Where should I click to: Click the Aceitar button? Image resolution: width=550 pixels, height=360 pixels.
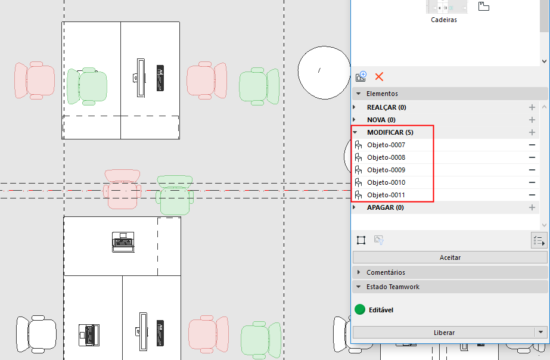pyautogui.click(x=450, y=257)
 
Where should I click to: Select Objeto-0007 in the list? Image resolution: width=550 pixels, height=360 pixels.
pyautogui.click(x=386, y=145)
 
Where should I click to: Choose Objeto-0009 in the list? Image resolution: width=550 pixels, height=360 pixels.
pyautogui.click(x=386, y=170)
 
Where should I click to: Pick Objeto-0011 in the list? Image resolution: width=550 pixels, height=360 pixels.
pyautogui.click(x=386, y=195)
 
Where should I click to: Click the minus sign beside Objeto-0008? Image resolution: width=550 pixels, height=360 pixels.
pyautogui.click(x=532, y=157)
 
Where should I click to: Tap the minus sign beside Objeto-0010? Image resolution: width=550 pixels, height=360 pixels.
pyautogui.click(x=532, y=182)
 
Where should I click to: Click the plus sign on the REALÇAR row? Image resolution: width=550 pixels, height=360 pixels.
pyautogui.click(x=532, y=107)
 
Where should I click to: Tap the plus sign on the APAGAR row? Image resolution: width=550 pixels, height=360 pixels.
pyautogui.click(x=532, y=207)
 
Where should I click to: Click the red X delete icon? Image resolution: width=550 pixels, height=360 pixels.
pyautogui.click(x=379, y=76)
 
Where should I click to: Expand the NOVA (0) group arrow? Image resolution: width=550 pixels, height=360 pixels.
pyautogui.click(x=355, y=120)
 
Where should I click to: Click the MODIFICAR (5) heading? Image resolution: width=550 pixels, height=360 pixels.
pyautogui.click(x=390, y=132)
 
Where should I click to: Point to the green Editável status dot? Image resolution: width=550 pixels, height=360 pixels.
pyautogui.click(x=360, y=309)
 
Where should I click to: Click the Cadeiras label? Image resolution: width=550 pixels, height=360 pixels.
pyautogui.click(x=444, y=20)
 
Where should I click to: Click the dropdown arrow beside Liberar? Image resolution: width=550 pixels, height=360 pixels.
pyautogui.click(x=540, y=332)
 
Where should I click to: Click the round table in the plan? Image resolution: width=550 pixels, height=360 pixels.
pyautogui.click(x=324, y=73)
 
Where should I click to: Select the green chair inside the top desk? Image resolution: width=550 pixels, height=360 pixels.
pyautogui.click(x=87, y=86)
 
